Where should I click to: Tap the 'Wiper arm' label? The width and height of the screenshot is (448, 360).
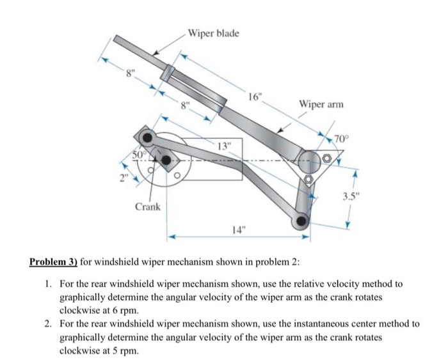coord(319,104)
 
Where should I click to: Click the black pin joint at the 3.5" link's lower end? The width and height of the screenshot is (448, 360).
coord(301,221)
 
